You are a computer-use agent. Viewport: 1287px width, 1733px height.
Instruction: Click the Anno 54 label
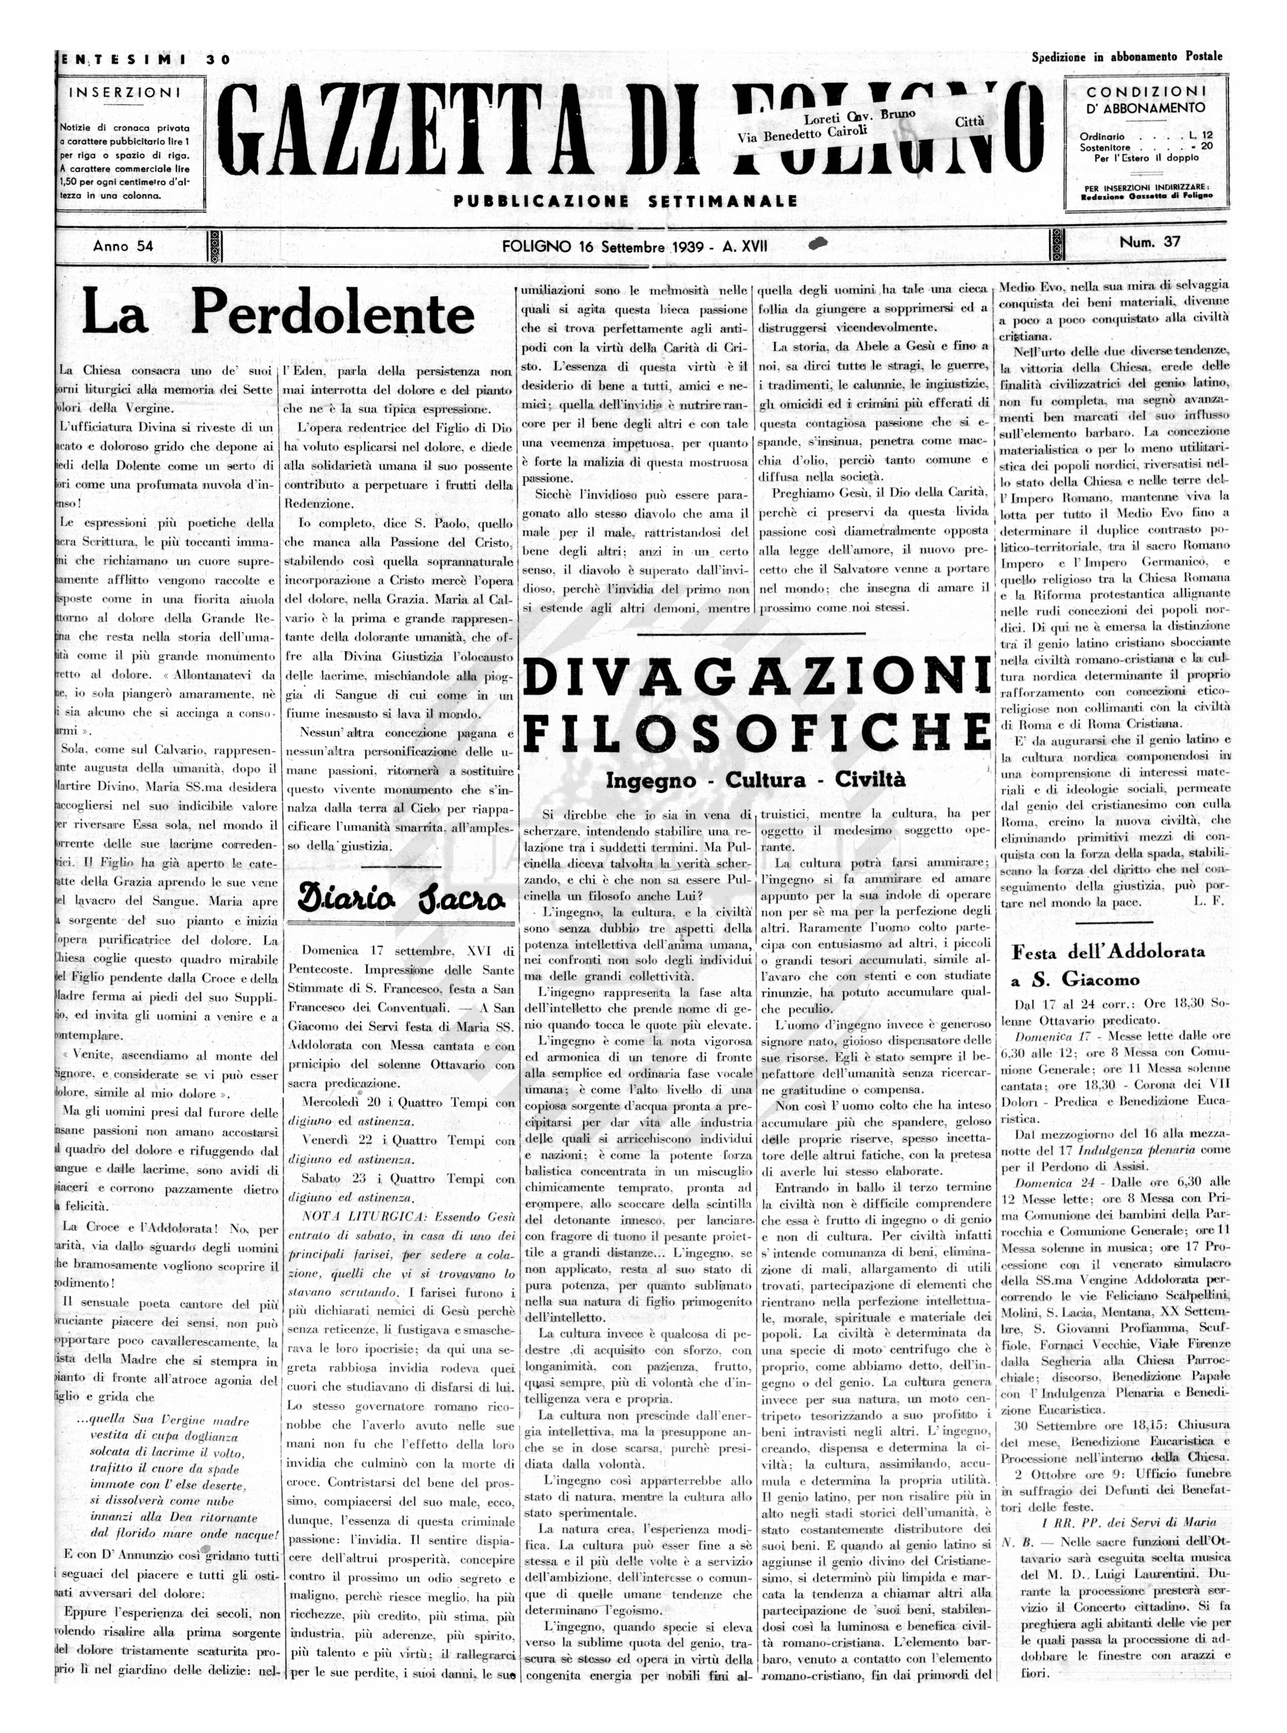[x=123, y=246]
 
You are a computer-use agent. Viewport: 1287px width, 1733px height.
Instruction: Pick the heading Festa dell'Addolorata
[x=1108, y=951]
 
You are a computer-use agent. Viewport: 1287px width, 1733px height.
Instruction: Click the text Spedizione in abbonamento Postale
[x=1126, y=57]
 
